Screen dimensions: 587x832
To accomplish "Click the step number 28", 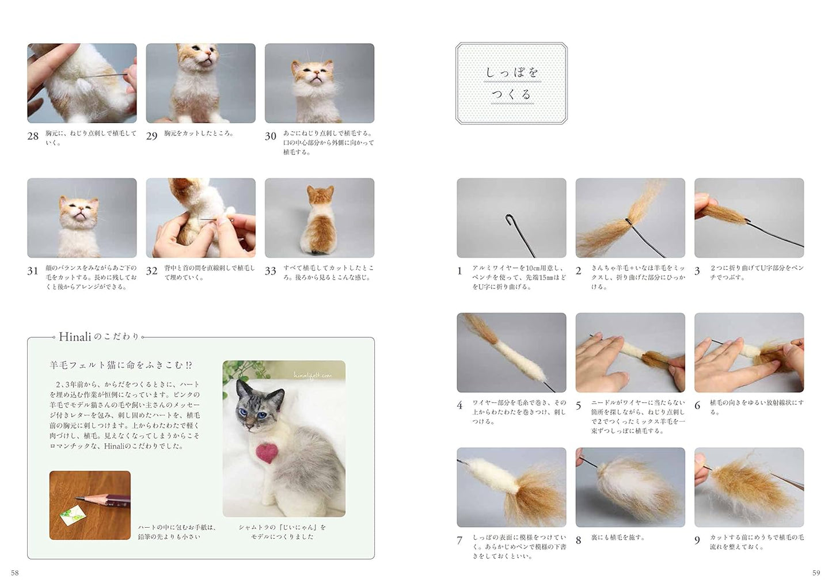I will click(x=33, y=136).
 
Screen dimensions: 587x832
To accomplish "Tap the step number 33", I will click(x=270, y=271).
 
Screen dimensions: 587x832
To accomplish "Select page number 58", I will click(x=15, y=573).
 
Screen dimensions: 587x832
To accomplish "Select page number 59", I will click(x=816, y=573).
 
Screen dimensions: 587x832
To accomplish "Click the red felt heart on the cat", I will click(x=265, y=453).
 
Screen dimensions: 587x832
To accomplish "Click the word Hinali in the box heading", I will click(x=75, y=337).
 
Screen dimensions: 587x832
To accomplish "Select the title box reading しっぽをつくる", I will click(x=511, y=83).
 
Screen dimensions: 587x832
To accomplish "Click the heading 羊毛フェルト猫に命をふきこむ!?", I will click(x=121, y=365).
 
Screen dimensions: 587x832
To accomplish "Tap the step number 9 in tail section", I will click(x=697, y=540).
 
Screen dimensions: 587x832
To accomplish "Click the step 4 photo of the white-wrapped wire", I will click(x=511, y=352).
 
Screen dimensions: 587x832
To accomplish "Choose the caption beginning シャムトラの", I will click(x=282, y=531).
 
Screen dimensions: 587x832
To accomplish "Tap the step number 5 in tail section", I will click(x=579, y=406).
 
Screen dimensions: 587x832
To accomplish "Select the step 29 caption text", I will click(x=199, y=134).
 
